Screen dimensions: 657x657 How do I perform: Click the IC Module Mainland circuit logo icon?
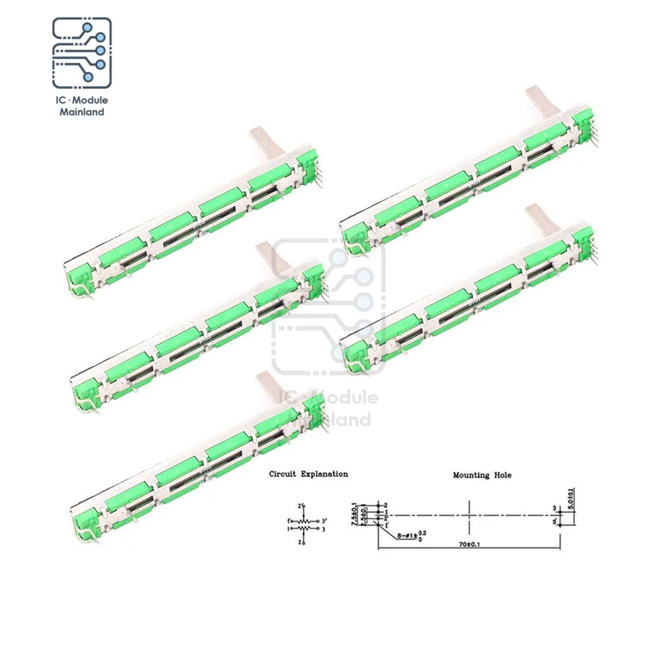[81, 53]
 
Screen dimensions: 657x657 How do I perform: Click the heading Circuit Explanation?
[308, 474]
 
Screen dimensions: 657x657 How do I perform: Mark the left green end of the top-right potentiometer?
[355, 237]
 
